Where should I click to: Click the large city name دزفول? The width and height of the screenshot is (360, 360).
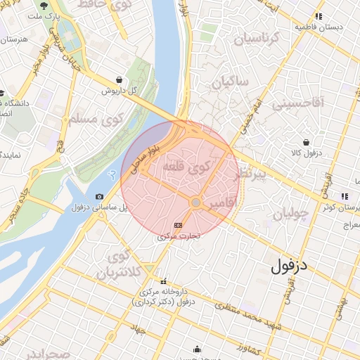click(x=290, y=266)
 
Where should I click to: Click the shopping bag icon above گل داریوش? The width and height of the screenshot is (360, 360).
click(x=119, y=79)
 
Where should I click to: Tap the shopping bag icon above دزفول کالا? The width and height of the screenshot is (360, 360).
click(x=306, y=142)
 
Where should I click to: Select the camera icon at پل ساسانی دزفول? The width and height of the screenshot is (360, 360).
click(x=99, y=196)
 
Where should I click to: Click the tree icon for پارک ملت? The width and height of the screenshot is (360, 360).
click(x=45, y=6)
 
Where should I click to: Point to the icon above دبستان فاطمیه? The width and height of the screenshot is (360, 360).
click(x=319, y=15)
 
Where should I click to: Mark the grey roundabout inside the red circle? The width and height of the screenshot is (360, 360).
click(x=196, y=202)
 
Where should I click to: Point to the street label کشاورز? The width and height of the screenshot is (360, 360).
click(x=250, y=349)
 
